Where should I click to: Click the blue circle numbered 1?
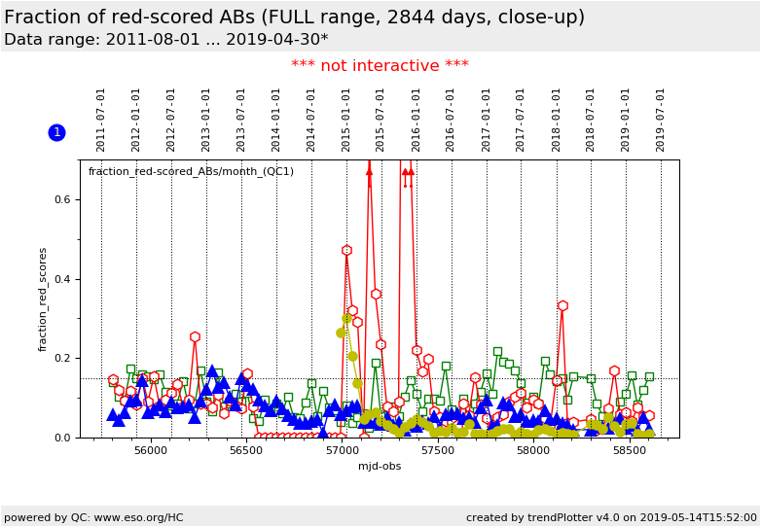(x=56, y=132)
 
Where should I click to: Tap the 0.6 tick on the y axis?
(x=64, y=200)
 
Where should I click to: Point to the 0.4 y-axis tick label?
(x=64, y=280)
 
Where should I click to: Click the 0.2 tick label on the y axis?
(x=64, y=359)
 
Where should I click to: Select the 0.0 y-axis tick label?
(x=64, y=439)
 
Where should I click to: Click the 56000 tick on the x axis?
(x=150, y=451)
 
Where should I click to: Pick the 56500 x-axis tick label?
(x=246, y=451)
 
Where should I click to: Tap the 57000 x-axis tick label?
(x=342, y=451)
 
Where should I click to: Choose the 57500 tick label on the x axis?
(x=437, y=451)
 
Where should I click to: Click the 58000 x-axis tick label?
(x=533, y=451)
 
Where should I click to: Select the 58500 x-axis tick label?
(x=629, y=451)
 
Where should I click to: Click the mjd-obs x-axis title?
(x=380, y=467)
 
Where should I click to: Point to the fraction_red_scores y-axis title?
(x=43, y=299)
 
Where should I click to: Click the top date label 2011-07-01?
(x=101, y=120)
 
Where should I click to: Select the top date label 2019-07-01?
(x=661, y=120)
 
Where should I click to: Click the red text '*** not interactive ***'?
(x=380, y=66)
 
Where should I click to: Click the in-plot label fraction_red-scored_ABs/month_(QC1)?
(x=191, y=172)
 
